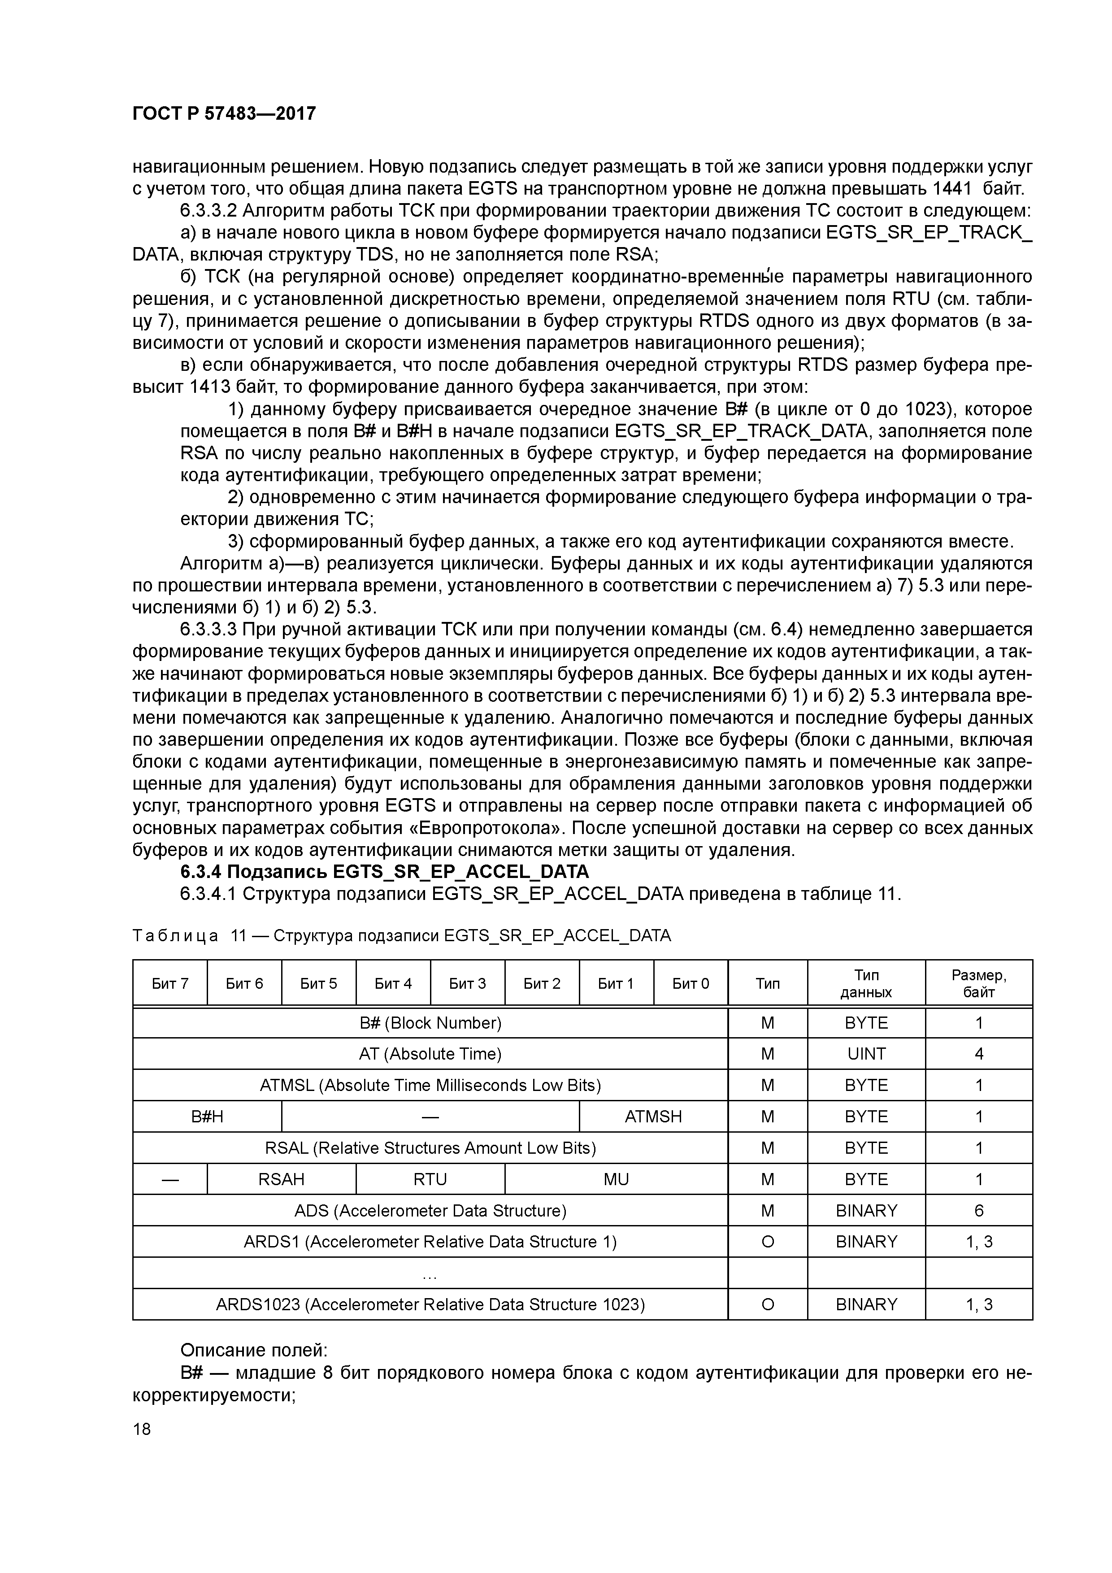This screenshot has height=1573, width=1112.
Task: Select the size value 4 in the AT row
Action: point(978,1054)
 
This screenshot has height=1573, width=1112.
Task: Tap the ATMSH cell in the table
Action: point(652,1117)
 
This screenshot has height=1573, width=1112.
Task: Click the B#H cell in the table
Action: point(207,1117)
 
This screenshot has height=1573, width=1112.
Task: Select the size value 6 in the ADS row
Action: point(978,1211)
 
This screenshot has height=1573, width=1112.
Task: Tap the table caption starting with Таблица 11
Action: point(401,935)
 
